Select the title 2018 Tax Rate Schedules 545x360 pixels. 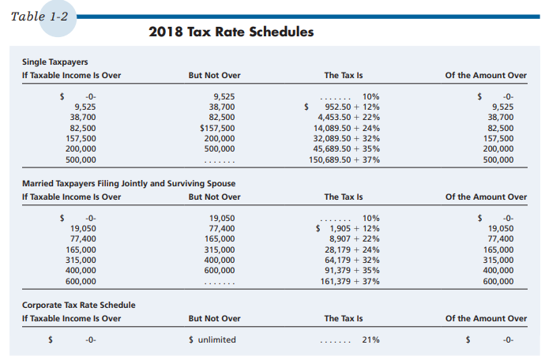pyautogui.click(x=231, y=32)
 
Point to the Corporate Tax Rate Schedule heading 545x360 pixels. pyautogui.click(x=78, y=304)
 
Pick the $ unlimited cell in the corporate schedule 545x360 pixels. pyautogui.click(x=212, y=339)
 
